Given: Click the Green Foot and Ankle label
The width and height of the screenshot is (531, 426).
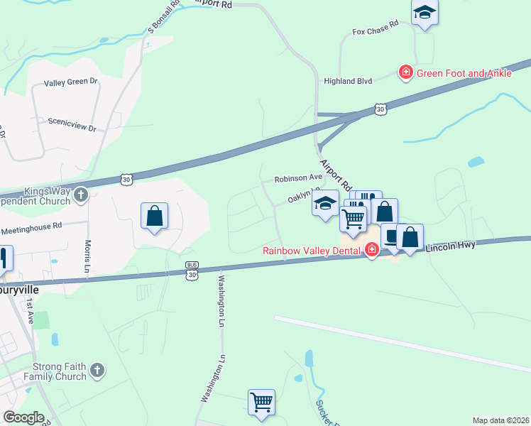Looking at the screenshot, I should tap(464, 73).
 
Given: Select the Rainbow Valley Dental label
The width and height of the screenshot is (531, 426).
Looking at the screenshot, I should tap(312, 249).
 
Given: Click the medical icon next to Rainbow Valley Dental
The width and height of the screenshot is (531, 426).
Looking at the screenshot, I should tap(371, 249).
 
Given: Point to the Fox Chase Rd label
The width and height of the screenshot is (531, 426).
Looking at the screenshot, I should tap(375, 32).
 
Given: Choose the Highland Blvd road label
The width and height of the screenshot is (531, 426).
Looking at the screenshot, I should tap(348, 82).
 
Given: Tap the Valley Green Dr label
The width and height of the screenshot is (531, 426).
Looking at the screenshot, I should tap(71, 82).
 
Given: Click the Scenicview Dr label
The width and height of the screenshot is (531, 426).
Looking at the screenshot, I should tap(72, 121).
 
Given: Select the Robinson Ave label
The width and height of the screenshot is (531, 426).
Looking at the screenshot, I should tap(298, 177).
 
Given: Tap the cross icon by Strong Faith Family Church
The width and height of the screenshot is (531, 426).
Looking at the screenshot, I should tap(98, 370).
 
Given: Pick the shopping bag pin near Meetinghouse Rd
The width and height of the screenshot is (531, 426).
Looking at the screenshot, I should tap(154, 215).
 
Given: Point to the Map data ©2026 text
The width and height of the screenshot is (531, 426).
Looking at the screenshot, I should tap(500, 420).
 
